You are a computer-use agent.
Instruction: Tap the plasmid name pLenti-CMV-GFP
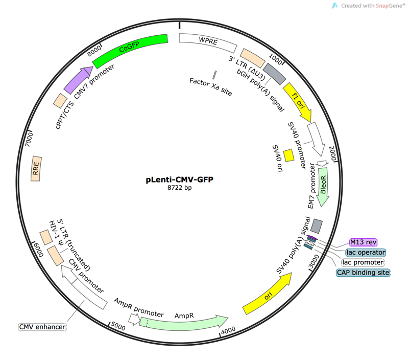click(x=179, y=179)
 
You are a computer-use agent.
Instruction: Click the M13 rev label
click(x=363, y=243)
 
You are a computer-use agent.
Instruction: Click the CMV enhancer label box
click(x=40, y=325)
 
